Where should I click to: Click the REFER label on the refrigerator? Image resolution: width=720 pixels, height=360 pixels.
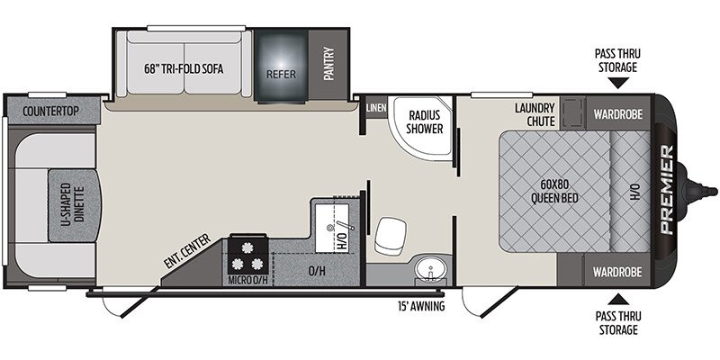pos(281,74)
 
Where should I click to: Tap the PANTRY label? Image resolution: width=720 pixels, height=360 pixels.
pos(328,64)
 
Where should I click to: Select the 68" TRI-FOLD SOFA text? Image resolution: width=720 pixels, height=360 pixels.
pos(184,69)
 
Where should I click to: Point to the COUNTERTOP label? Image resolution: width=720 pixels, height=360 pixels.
pos(50,111)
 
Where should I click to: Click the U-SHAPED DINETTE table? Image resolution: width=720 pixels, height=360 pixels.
pos(75,205)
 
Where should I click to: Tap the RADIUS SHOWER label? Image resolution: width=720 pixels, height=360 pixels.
pos(426,121)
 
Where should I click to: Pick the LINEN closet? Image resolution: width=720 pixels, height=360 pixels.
pos(376,108)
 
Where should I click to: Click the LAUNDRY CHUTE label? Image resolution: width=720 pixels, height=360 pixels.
pos(535,115)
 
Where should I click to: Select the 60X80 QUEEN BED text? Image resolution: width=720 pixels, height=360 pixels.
pos(554,191)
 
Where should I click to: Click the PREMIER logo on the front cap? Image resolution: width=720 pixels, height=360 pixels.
pos(666,189)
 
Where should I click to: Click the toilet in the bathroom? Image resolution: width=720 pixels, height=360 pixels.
pos(390,235)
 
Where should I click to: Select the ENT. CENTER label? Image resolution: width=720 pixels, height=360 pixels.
pos(187,251)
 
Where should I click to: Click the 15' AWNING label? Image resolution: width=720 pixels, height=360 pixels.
pos(421,306)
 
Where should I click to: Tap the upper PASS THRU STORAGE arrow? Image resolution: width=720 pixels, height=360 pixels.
pos(618,83)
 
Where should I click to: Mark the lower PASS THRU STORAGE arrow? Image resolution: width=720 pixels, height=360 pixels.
pos(618,300)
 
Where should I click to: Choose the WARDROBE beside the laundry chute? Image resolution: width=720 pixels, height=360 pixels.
pos(617,114)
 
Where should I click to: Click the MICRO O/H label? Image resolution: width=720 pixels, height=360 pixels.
pos(247,281)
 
